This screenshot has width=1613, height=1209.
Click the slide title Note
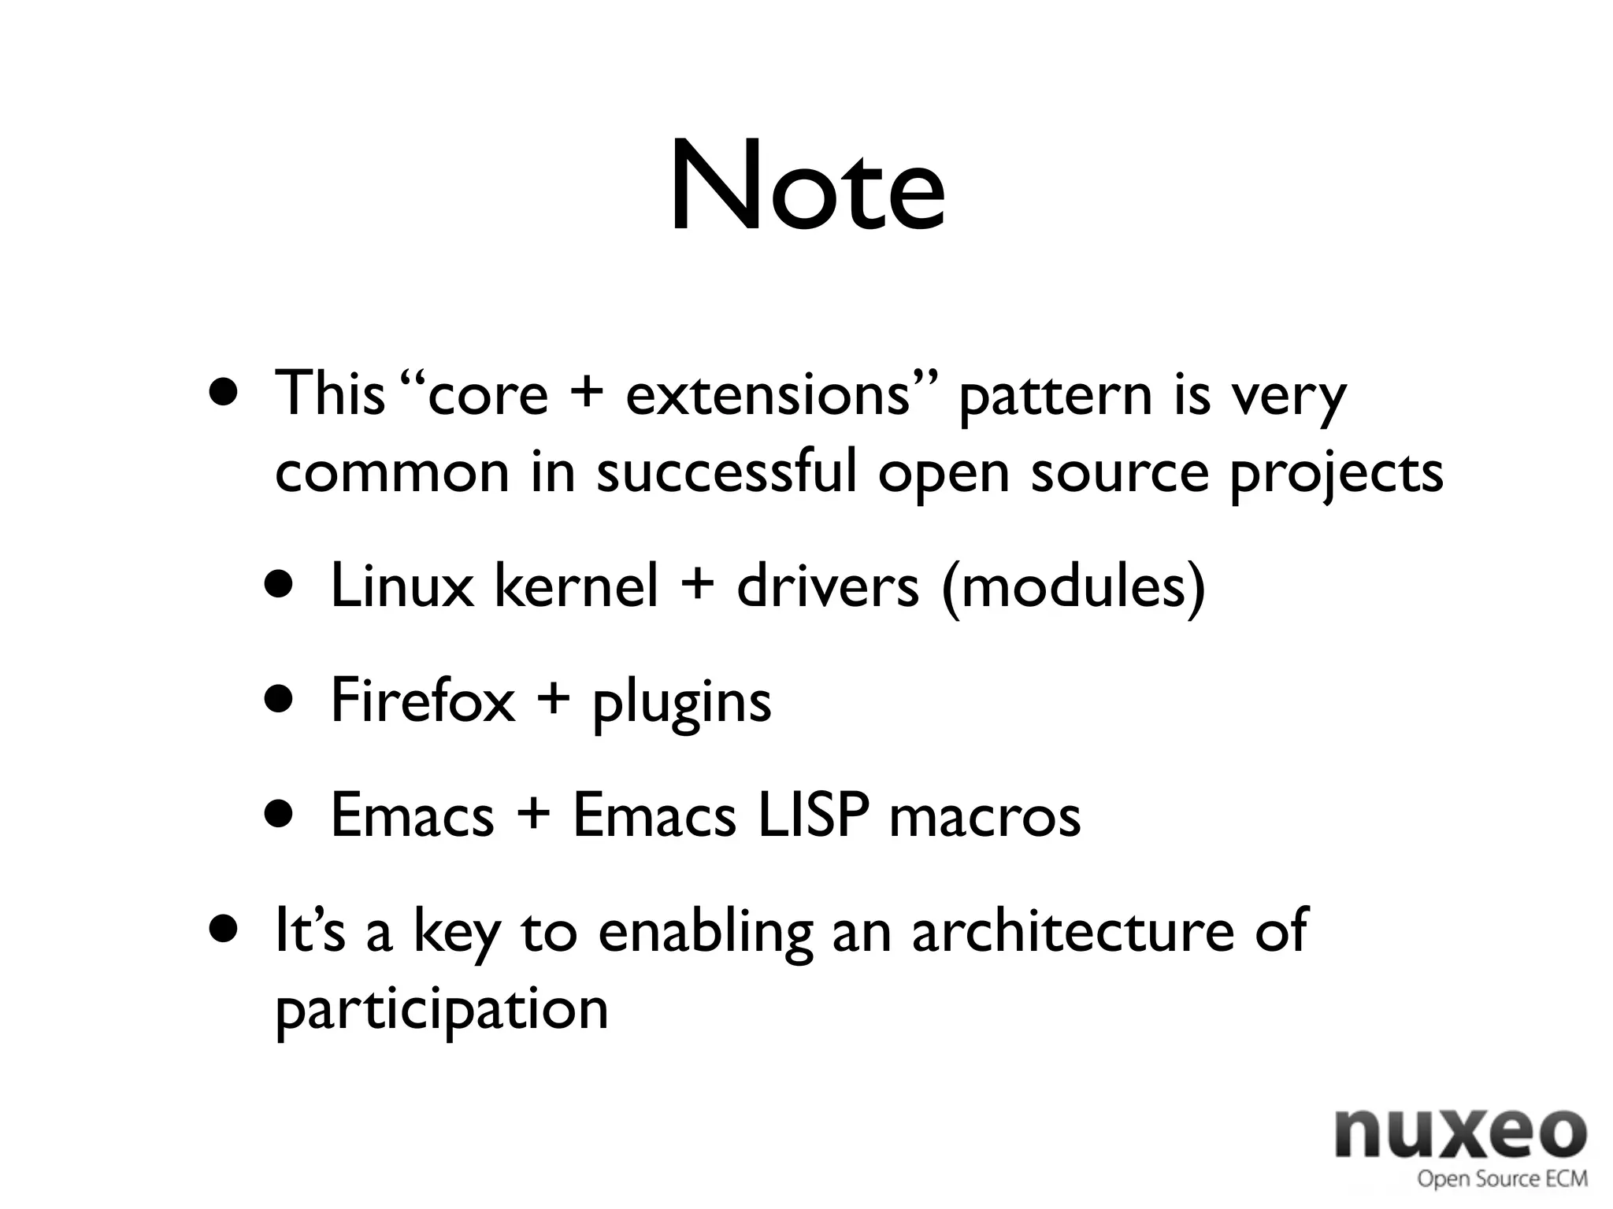point(806,187)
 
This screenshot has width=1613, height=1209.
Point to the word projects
point(1336,474)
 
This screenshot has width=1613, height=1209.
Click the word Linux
point(402,586)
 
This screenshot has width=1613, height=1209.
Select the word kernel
point(576,586)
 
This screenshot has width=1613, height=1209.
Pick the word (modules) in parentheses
point(1073,587)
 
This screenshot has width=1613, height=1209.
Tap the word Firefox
point(422,700)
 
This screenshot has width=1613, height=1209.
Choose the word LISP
point(813,815)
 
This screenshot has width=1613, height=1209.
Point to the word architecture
point(1073,930)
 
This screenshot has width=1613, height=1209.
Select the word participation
point(442,1009)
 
